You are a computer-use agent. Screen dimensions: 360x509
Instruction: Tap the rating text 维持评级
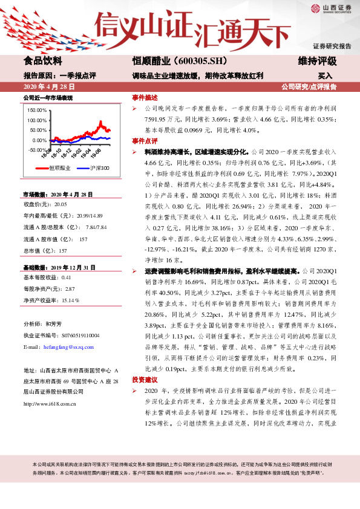tap(317, 61)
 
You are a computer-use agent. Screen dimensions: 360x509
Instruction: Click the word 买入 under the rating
tap(325, 76)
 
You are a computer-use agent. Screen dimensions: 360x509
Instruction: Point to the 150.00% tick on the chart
tap(37, 111)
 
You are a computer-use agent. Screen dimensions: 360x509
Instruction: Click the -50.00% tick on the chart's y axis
tap(37, 149)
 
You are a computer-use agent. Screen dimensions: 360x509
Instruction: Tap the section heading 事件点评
tap(145, 140)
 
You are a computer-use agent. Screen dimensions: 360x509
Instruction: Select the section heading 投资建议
tap(145, 380)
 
